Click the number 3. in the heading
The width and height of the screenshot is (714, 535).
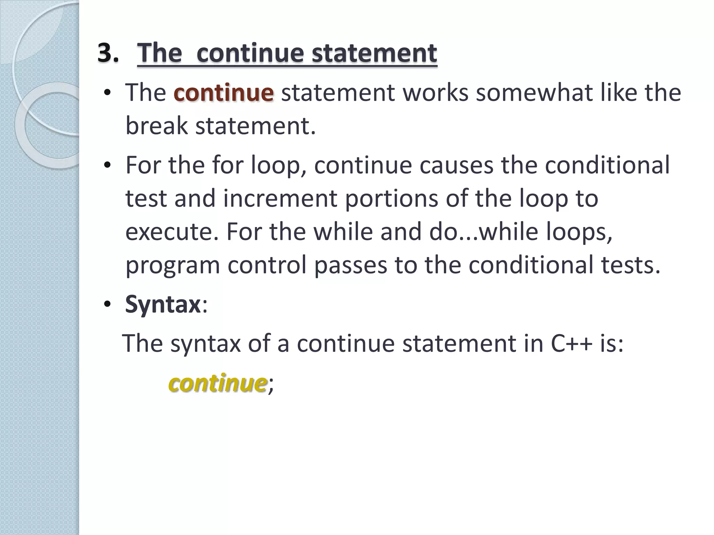(x=108, y=53)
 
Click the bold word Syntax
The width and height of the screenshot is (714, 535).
(x=162, y=304)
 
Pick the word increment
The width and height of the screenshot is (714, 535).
(x=280, y=198)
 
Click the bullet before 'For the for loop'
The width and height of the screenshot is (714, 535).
(x=107, y=165)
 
